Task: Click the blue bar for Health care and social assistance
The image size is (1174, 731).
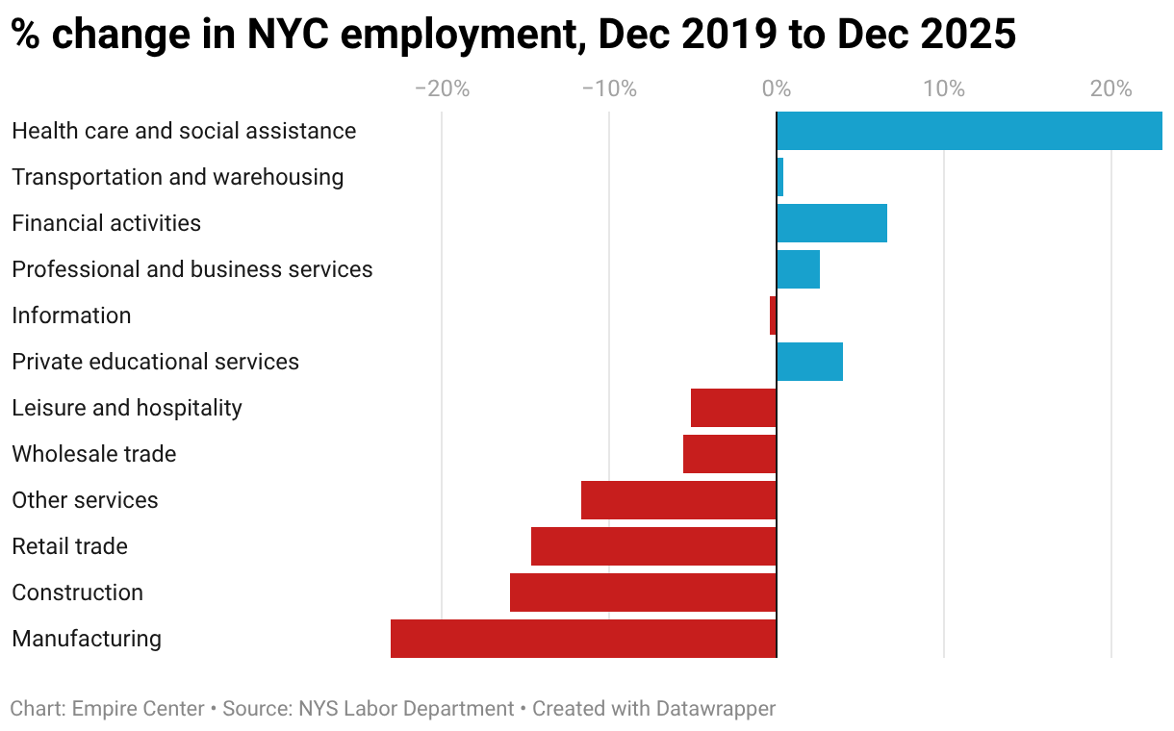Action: click(969, 131)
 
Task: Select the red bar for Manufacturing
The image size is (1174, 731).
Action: click(583, 639)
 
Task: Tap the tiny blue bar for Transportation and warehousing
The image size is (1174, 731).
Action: click(780, 177)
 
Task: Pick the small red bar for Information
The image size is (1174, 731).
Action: click(773, 315)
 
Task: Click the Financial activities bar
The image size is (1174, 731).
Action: click(831, 223)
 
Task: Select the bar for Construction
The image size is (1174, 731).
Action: click(643, 592)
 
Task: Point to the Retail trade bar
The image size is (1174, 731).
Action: click(653, 546)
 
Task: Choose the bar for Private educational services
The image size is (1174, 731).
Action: click(809, 362)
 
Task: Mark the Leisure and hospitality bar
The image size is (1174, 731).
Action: click(733, 408)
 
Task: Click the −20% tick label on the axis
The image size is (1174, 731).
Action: click(442, 89)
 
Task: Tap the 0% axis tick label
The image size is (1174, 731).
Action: click(777, 89)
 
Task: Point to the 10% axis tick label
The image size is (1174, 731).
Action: click(944, 89)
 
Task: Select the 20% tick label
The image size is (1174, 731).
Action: click(1111, 89)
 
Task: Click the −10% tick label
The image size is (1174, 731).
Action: click(609, 89)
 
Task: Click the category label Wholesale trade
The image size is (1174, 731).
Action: click(94, 454)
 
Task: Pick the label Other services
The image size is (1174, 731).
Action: click(85, 500)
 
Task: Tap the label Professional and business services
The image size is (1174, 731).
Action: click(192, 269)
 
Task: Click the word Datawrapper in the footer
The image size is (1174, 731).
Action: click(715, 709)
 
